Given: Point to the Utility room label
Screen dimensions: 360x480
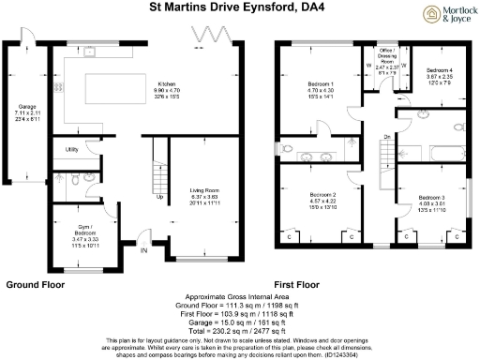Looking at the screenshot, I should click(71, 149).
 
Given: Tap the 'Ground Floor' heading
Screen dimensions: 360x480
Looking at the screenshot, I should click(35, 283).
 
